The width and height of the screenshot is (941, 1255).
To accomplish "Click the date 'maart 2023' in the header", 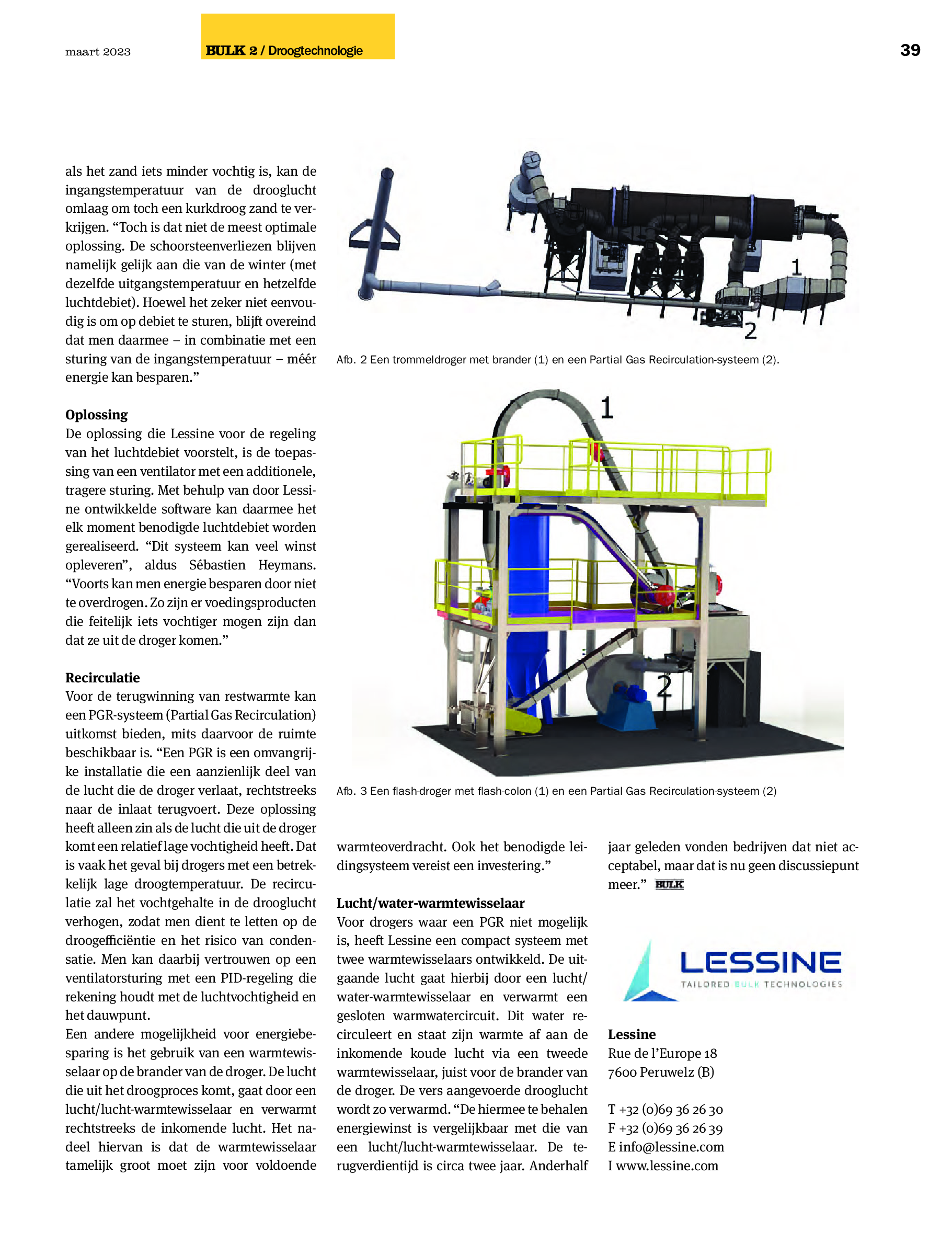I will (98, 52).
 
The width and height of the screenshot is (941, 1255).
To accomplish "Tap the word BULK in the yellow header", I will (225, 51).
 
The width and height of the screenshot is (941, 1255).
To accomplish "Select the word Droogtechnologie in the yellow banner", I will (315, 51).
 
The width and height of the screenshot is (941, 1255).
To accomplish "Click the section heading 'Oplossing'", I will (96, 415).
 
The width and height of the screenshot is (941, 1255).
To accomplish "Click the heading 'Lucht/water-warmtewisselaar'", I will (431, 903).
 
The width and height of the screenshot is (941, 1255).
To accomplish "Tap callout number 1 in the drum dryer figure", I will (796, 267).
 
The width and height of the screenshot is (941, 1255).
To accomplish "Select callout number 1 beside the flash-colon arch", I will (606, 408).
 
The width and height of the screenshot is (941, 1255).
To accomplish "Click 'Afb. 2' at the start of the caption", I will (352, 360).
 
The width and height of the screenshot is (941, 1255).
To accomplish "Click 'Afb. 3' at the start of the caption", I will (352, 791).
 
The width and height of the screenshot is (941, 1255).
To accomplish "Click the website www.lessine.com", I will (667, 1166).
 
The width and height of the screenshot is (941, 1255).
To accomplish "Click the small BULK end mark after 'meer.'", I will (669, 885).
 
